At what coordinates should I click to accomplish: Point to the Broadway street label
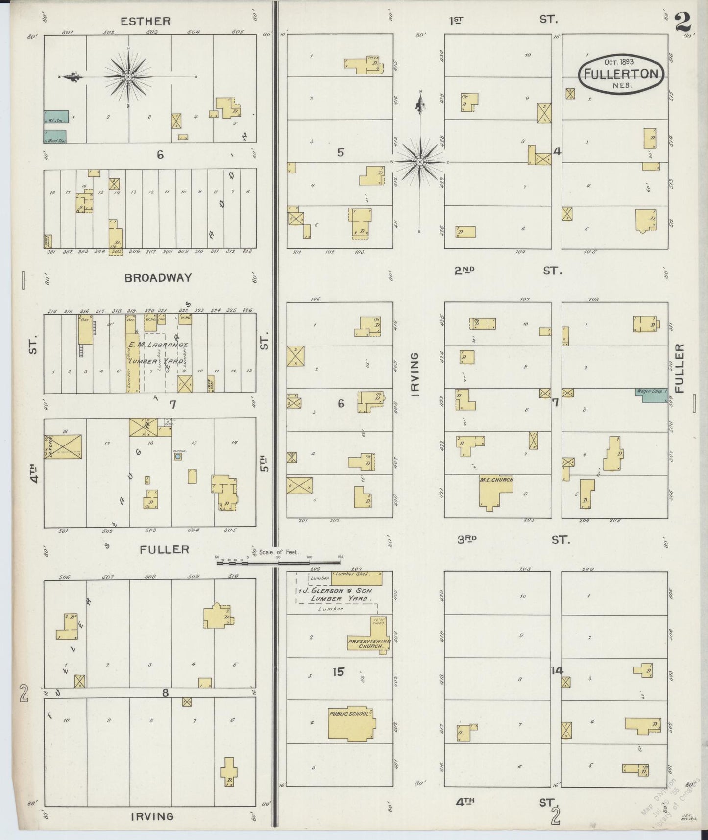158,278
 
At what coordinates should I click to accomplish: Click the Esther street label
146,21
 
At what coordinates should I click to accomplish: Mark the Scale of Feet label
279,552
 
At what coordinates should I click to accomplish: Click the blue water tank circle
178,456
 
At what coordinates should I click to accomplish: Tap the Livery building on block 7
62,446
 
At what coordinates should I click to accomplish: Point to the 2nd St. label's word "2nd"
465,270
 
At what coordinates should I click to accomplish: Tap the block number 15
338,671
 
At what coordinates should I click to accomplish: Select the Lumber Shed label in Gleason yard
351,573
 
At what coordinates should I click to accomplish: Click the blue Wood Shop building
55,137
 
